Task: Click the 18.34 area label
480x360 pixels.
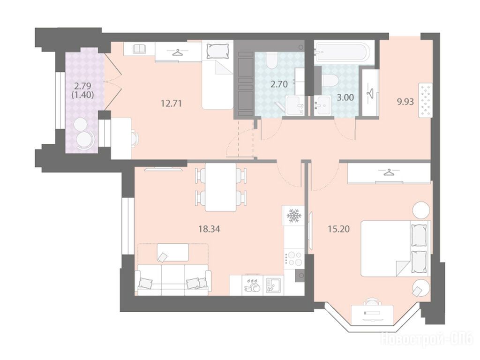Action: coord(210,229)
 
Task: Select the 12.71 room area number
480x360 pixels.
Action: coord(172,104)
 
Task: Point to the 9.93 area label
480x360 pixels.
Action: coord(405,101)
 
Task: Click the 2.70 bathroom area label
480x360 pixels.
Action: coord(279,84)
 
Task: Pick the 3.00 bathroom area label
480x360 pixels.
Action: coord(345,97)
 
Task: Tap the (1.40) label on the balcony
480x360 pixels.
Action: coord(82,95)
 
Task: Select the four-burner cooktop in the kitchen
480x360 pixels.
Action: coord(293,258)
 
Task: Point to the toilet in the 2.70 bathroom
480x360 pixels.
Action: coord(271,60)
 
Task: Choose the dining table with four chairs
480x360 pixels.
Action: coord(221,187)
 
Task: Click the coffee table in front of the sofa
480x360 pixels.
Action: coord(172,253)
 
